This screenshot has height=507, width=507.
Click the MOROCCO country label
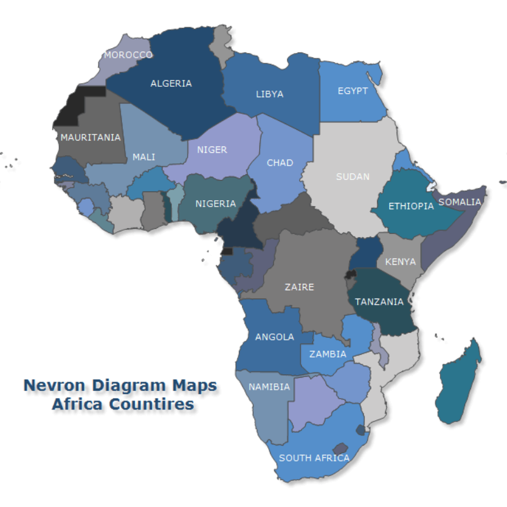click(128, 55)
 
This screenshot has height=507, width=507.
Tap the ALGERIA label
click(171, 83)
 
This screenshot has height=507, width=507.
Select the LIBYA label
click(269, 94)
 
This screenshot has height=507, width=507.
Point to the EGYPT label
click(352, 91)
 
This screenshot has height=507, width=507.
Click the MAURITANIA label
click(91, 137)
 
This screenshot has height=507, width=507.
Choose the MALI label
click(144, 157)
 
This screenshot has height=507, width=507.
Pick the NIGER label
click(212, 150)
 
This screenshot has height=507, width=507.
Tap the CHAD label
click(279, 163)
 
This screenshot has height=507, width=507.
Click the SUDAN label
click(352, 176)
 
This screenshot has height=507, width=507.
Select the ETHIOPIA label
click(411, 206)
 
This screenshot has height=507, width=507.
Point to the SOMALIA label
click(460, 202)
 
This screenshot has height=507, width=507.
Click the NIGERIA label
click(215, 203)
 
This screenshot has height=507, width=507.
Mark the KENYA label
click(401, 261)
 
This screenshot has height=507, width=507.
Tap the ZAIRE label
click(299, 287)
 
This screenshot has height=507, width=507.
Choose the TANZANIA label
click(379, 302)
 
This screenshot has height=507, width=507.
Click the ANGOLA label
click(274, 337)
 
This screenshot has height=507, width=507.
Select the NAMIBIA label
click(269, 387)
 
